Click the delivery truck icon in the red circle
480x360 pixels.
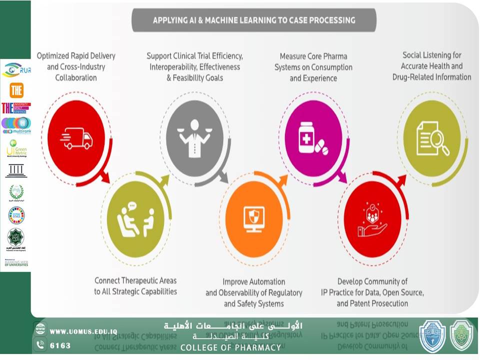[x=76, y=138]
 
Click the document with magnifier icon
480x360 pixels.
[x=432, y=138]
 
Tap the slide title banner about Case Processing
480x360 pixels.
[x=254, y=20]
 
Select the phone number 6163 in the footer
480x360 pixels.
[x=60, y=345]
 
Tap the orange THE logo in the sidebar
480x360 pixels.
[x=16, y=90]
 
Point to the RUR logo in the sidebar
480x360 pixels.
[x=16, y=70]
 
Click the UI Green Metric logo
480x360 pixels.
[x=16, y=148]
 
